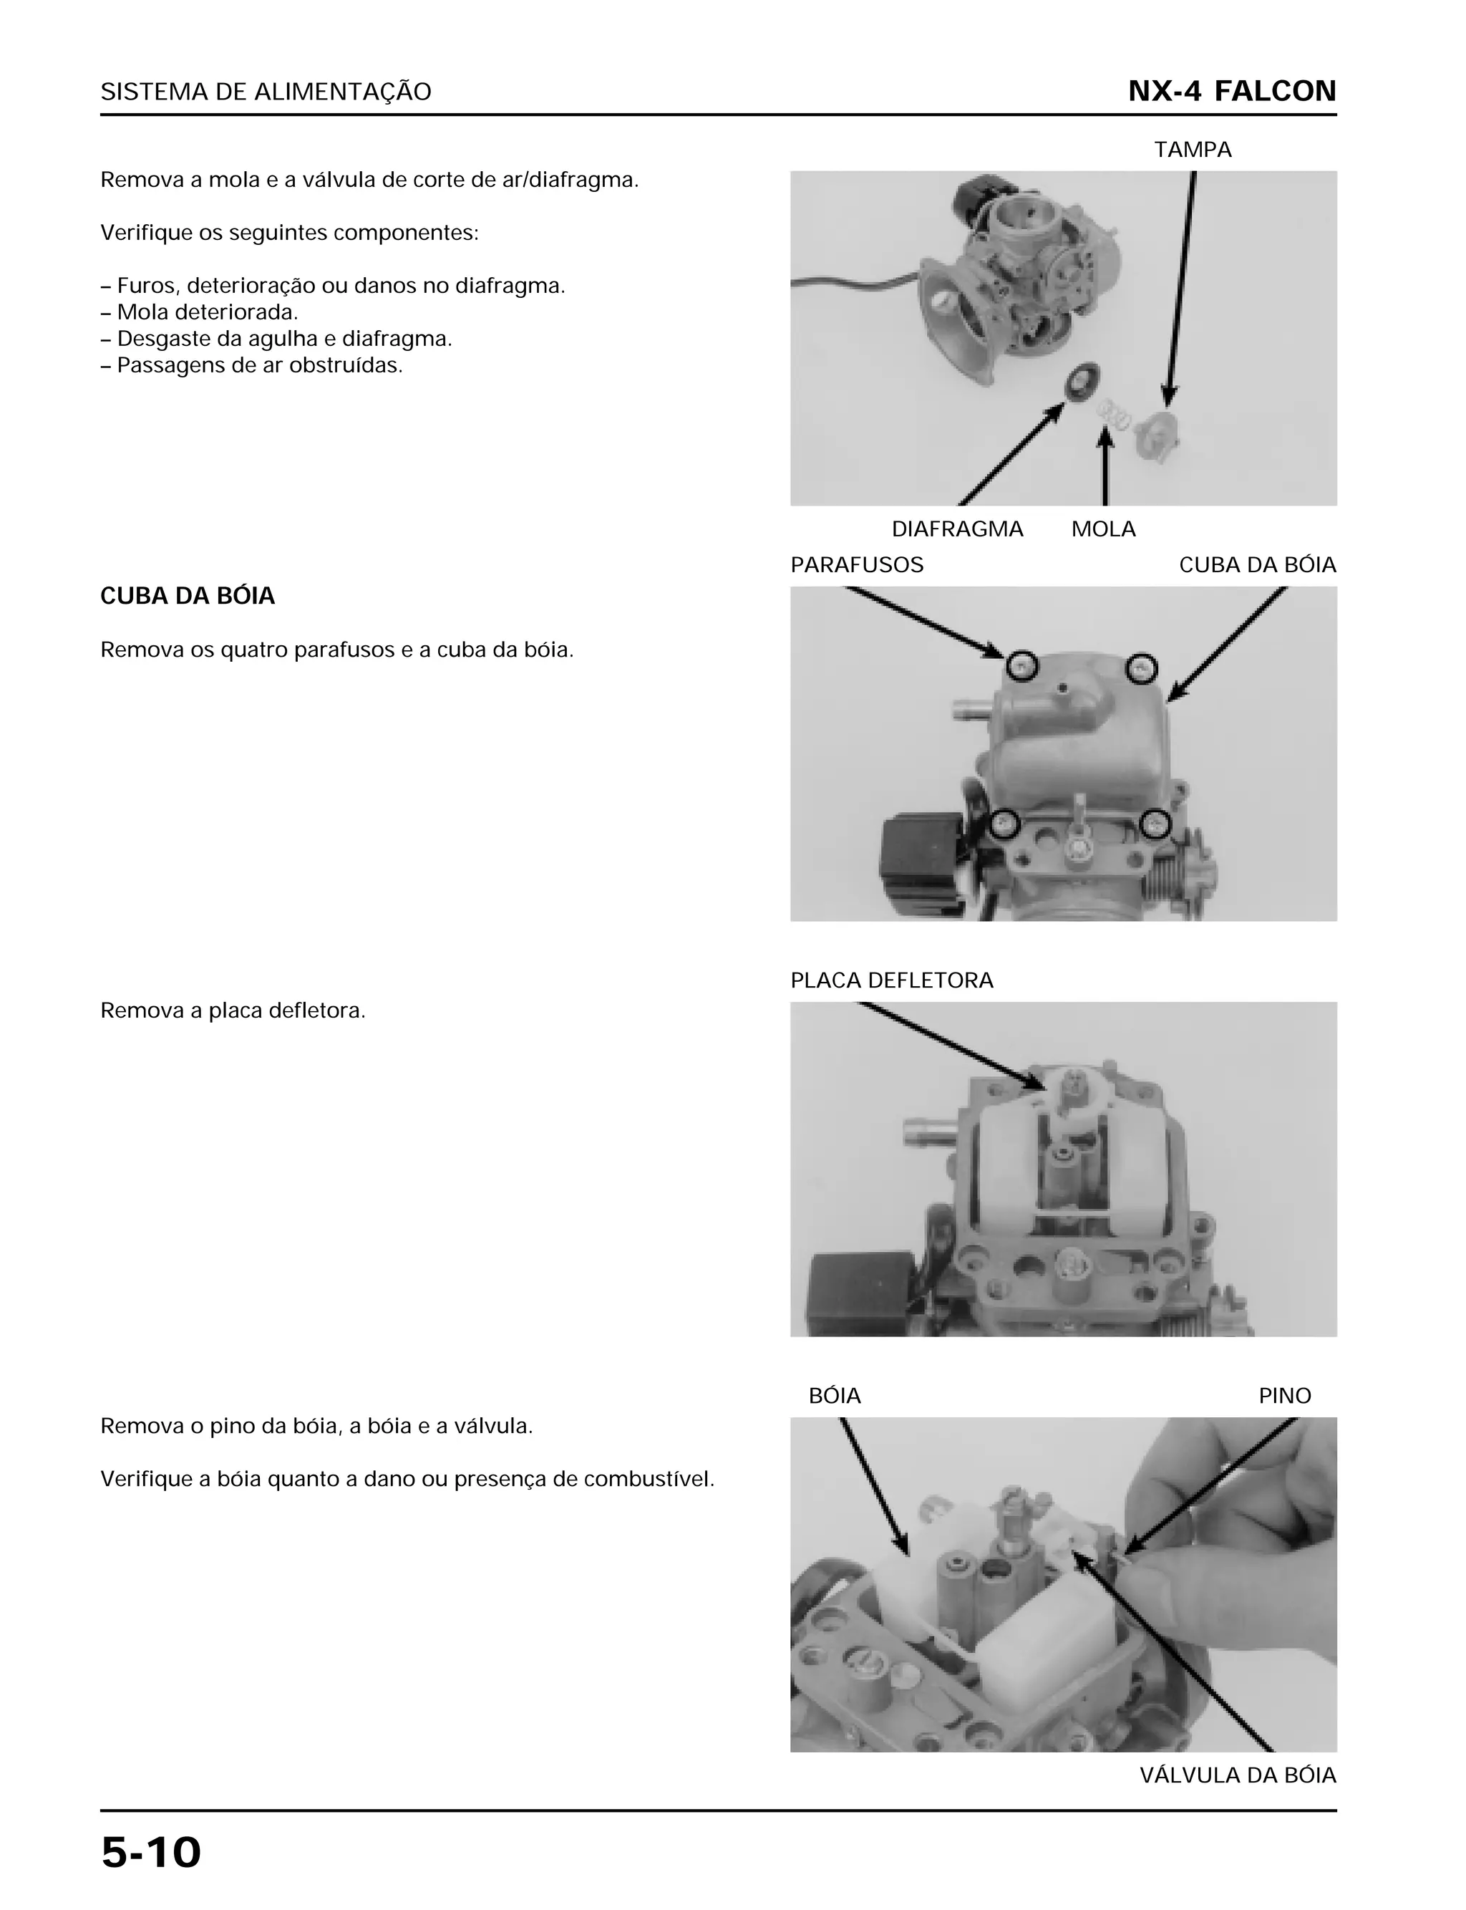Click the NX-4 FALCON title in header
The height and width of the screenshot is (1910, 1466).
pyautogui.click(x=1231, y=92)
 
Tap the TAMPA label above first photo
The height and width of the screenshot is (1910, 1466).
pyautogui.click(x=1192, y=150)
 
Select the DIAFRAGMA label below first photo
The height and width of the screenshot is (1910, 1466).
pyautogui.click(x=956, y=529)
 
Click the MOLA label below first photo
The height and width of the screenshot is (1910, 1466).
pyautogui.click(x=1103, y=529)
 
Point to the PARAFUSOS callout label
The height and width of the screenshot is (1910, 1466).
pyautogui.click(x=856, y=565)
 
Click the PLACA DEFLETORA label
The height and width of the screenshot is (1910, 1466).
pyautogui.click(x=891, y=980)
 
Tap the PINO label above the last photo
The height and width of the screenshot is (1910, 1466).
pyautogui.click(x=1283, y=1396)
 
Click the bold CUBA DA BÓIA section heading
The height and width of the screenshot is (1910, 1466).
pyautogui.click(x=188, y=597)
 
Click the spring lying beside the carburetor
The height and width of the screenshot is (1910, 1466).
pyautogui.click(x=1114, y=414)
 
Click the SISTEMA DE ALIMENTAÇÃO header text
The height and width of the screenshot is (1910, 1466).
pyautogui.click(x=266, y=92)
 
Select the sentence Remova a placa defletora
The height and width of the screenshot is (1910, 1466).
pyautogui.click(x=233, y=1011)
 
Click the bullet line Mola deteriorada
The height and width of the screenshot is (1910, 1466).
pyautogui.click(x=207, y=312)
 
